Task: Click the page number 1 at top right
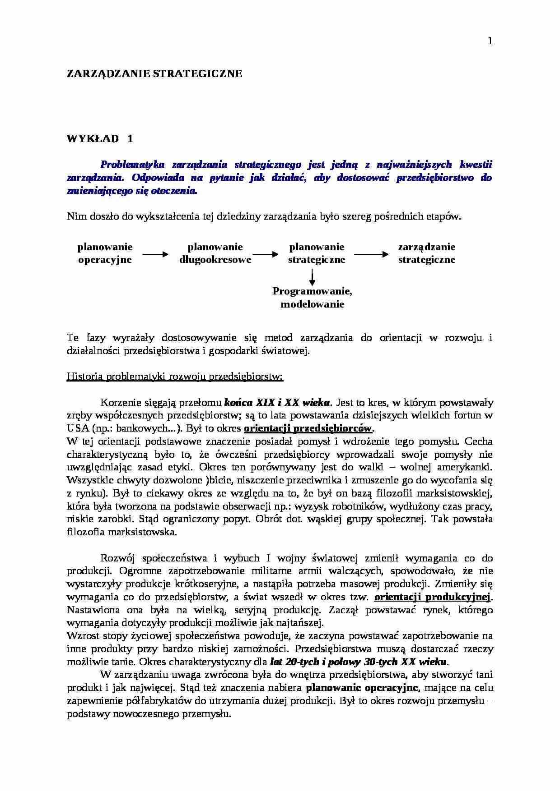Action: tap(490, 41)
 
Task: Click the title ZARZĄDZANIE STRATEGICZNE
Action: tap(154, 74)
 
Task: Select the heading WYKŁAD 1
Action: tap(100, 138)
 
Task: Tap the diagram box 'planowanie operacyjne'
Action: tap(105, 253)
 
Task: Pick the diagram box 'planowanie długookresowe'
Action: tap(215, 253)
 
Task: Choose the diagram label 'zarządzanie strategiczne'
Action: tap(426, 253)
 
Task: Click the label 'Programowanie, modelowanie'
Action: tap(312, 297)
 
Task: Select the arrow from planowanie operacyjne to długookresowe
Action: tap(155, 254)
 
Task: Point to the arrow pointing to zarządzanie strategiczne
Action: tap(371, 254)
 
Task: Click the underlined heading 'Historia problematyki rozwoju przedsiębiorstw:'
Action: tap(175, 377)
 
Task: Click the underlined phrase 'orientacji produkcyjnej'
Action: tap(432, 597)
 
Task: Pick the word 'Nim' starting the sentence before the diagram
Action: tap(75, 216)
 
